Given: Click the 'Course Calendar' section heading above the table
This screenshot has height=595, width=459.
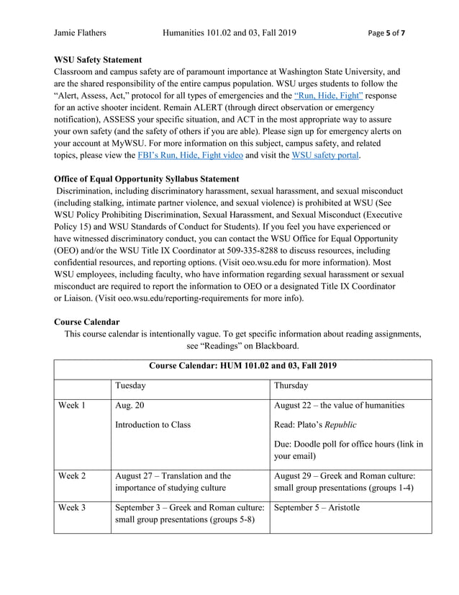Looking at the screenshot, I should pyautogui.click(x=87, y=321).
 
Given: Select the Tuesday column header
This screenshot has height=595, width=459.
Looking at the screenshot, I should pyautogui.click(x=130, y=385).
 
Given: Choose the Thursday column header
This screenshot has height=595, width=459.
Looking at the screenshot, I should pyautogui.click(x=291, y=385).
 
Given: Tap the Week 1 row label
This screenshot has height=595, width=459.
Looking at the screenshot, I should pyautogui.click(x=72, y=405).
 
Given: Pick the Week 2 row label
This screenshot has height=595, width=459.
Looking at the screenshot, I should pyautogui.click(x=72, y=475).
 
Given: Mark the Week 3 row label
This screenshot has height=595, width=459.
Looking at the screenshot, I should pyautogui.click(x=72, y=507).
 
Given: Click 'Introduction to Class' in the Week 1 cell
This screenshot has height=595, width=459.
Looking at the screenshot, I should pyautogui.click(x=153, y=424).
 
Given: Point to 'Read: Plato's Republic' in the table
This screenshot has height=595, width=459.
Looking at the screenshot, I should pyautogui.click(x=315, y=424).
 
